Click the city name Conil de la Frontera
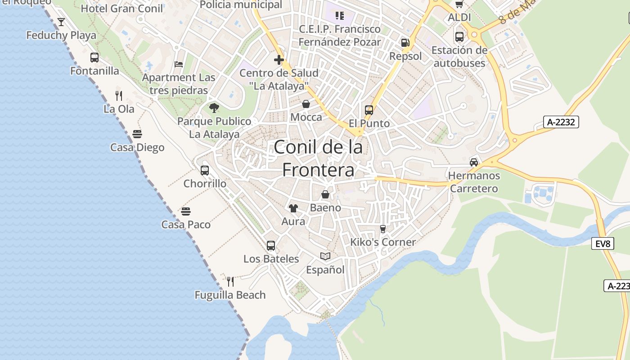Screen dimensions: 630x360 (318, 158)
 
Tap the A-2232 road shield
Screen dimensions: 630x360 (561, 122)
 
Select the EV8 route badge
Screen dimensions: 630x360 (603, 243)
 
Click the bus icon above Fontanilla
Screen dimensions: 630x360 (94, 58)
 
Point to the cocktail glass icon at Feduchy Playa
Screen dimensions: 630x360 (61, 22)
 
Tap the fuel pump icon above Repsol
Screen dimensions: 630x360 (405, 43)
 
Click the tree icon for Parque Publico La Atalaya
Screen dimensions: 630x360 (214, 108)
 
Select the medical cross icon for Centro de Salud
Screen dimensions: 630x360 (279, 59)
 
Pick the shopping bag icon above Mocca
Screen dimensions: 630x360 (306, 104)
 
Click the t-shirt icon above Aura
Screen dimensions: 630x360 (293, 208)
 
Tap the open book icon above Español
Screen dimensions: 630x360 (325, 256)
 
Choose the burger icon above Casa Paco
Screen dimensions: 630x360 (186, 211)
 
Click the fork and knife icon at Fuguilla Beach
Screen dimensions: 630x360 (230, 282)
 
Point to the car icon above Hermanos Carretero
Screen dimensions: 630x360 (474, 162)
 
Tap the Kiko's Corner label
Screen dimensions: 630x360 (383, 242)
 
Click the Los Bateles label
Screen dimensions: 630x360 (271, 259)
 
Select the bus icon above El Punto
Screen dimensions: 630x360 (369, 110)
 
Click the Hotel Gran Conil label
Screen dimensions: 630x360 (121, 8)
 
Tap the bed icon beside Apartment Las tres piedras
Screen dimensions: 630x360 (179, 64)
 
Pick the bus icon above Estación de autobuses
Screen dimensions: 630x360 (459, 37)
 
